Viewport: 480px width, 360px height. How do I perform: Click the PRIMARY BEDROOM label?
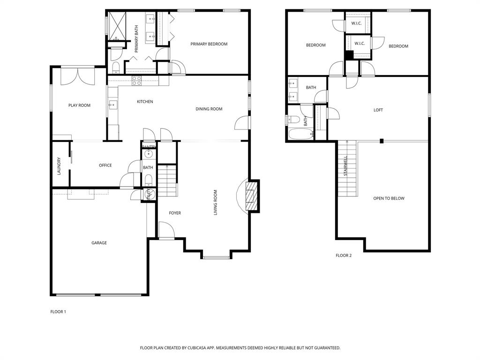pyautogui.click(x=209, y=44)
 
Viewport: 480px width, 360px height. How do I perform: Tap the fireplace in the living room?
pyautogui.click(x=252, y=195)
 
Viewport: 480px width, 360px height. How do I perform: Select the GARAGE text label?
pyautogui.click(x=99, y=243)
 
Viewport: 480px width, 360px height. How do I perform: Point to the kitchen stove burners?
pyautogui.click(x=136, y=81)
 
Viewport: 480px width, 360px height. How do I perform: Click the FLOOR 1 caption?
pyautogui.click(x=58, y=312)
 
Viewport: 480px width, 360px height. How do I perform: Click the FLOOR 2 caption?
pyautogui.click(x=343, y=255)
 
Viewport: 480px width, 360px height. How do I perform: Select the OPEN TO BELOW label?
pyautogui.click(x=389, y=198)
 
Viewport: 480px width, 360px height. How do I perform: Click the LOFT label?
pyautogui.click(x=378, y=110)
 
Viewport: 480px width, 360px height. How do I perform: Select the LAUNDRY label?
pyautogui.click(x=59, y=166)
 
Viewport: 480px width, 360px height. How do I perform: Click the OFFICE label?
pyautogui.click(x=105, y=165)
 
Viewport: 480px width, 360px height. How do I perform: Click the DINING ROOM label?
pyautogui.click(x=209, y=109)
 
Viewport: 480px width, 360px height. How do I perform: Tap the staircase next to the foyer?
pyautogui.click(x=167, y=181)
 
